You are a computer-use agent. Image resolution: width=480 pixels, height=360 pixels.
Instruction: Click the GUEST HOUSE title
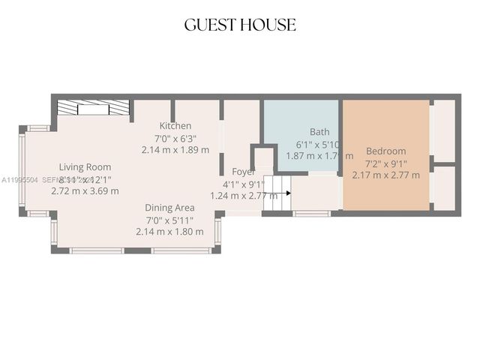(240, 25)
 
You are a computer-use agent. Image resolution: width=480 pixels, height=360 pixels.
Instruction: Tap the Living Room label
(85, 167)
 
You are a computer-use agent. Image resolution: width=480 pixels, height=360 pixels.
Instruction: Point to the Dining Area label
(170, 208)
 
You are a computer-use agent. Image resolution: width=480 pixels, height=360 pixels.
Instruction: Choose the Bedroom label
(385, 151)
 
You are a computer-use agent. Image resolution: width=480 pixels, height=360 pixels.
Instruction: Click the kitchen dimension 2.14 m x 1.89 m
(175, 150)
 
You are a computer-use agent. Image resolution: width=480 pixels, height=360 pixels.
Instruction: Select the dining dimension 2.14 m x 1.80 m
(169, 232)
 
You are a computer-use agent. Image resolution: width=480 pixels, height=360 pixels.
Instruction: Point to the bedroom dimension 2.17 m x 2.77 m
(386, 175)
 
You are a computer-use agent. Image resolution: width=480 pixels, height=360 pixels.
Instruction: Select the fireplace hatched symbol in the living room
(93, 107)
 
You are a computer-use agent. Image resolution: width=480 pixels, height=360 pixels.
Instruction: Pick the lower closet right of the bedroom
(443, 187)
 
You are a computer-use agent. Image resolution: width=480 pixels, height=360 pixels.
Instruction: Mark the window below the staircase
(311, 214)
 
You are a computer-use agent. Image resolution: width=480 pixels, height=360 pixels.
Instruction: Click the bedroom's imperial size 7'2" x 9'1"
(386, 163)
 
